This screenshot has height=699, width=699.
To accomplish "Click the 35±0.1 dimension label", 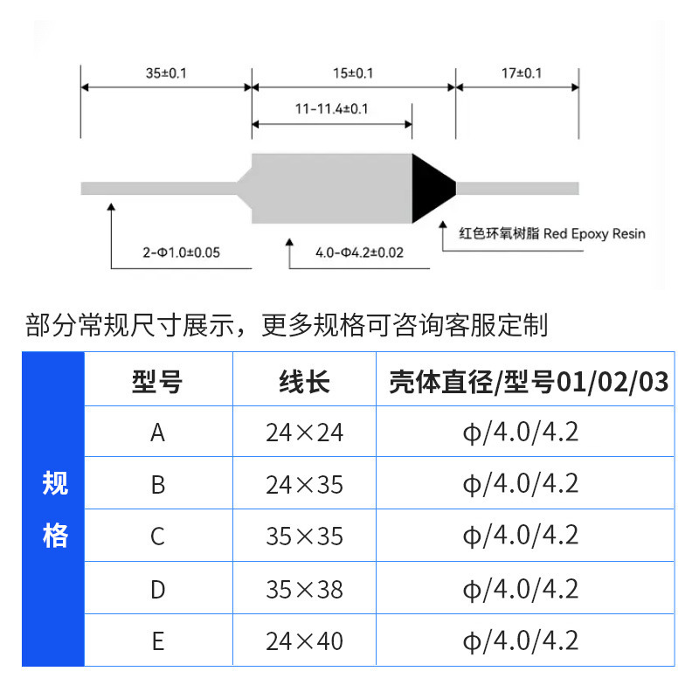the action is click(x=166, y=73).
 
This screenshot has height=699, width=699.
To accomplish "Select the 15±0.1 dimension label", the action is click(x=353, y=73).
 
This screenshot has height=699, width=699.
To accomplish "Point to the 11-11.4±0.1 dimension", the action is click(x=331, y=109).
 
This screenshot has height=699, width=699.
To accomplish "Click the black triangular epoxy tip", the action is click(x=431, y=186).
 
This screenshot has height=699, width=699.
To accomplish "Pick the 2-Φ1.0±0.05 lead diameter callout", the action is click(x=182, y=253).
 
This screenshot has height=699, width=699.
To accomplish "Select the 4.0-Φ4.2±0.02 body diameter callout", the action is click(x=359, y=253).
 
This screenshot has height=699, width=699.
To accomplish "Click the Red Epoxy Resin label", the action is click(x=552, y=234).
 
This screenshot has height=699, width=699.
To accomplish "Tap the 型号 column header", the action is click(x=157, y=381).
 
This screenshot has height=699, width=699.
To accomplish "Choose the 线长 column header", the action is click(x=304, y=381).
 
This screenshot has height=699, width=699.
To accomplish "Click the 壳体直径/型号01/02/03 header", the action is click(x=529, y=381).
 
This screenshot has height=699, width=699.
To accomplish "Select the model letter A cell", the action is click(x=157, y=433).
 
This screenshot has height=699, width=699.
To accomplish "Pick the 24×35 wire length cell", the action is click(x=304, y=484).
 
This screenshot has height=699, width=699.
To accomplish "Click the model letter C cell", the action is click(x=157, y=536).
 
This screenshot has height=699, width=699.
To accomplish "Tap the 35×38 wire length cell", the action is click(x=304, y=589).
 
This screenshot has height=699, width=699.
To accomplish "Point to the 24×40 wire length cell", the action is click(x=304, y=641).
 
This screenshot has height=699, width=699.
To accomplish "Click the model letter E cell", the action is click(x=157, y=641).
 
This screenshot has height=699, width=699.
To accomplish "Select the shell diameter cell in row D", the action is click(x=521, y=589).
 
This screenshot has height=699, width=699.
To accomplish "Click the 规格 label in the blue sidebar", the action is click(x=54, y=509).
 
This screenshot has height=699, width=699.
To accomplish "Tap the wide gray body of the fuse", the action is click(x=332, y=187).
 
